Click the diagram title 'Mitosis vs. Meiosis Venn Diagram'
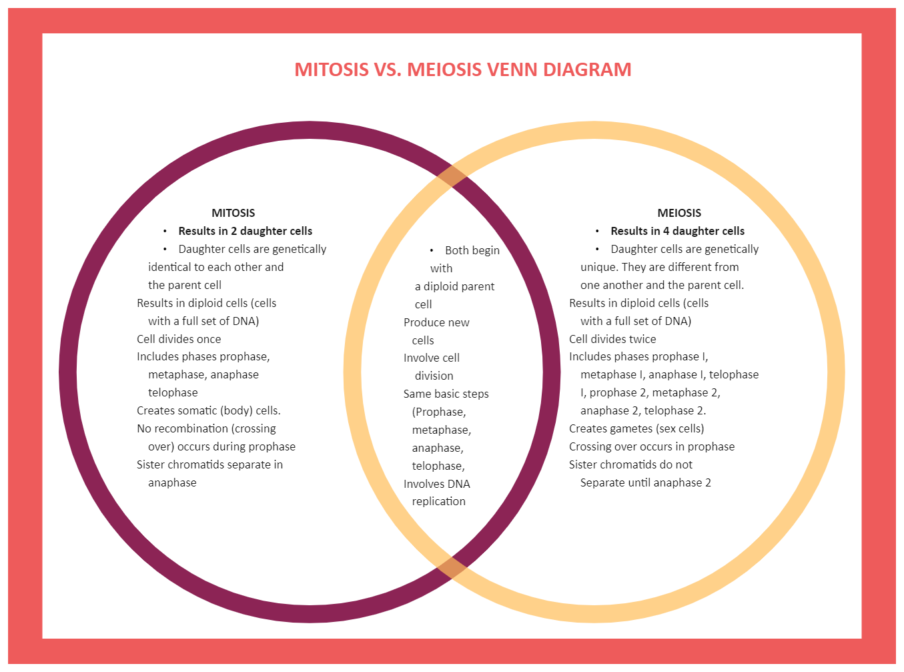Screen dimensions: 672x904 point(462,69)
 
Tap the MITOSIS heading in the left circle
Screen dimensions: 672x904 point(233,213)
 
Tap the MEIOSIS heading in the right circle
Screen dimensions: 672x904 point(679,213)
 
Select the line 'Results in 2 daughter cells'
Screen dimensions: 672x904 point(245,231)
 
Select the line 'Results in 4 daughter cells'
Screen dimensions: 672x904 point(677,231)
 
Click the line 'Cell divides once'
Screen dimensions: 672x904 point(179,339)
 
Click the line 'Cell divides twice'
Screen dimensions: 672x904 point(612,339)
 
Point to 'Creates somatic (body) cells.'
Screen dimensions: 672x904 point(208,410)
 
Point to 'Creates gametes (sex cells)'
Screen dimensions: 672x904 point(636,428)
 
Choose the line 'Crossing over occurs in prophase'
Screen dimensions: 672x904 point(652,446)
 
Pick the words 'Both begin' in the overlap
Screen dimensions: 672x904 point(472,250)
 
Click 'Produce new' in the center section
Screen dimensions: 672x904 point(436,322)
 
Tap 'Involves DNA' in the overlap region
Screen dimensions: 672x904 point(436,484)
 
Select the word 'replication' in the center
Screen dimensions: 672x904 point(438,501)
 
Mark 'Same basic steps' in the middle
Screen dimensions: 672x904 point(446,394)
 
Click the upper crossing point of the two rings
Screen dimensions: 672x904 point(452,176)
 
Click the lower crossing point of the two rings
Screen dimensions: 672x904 point(452,568)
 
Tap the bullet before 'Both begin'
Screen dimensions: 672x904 point(432,250)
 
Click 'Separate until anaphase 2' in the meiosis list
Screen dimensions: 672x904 point(645,482)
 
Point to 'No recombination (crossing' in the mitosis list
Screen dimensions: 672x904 point(206,428)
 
